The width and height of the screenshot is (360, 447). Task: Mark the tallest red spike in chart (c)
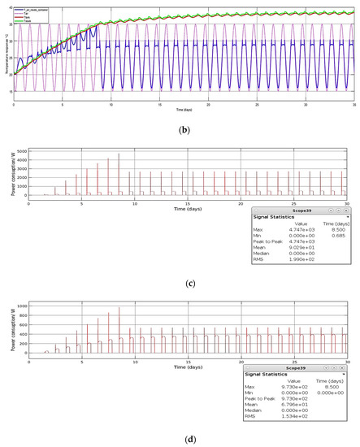[119, 154]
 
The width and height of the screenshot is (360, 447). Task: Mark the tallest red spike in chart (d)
[119, 308]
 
